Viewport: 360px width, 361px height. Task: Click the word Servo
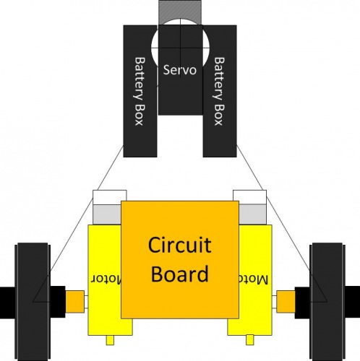coord(180,70)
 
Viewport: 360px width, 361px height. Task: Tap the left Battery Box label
coord(139,91)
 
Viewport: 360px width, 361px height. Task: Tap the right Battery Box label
coord(219,91)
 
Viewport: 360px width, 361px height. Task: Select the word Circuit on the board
coord(180,245)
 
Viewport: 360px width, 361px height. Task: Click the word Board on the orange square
coord(180,274)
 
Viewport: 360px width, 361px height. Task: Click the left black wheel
coord(33,302)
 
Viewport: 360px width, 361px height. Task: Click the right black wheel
coord(327,302)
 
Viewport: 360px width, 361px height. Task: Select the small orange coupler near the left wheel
coord(75,302)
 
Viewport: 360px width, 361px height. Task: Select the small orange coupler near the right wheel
coord(286,302)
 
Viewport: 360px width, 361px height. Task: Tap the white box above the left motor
coord(110,197)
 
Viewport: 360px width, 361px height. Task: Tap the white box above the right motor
coord(250,197)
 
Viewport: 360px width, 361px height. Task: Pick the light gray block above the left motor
coord(107,215)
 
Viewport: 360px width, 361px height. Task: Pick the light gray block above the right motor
coord(253,214)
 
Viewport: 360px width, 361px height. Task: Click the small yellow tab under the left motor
coord(110,340)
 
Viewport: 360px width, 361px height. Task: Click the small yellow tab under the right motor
coord(250,340)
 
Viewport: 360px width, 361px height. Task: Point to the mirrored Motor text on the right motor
coord(254,279)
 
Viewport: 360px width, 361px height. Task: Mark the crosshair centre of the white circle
coord(181,48)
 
